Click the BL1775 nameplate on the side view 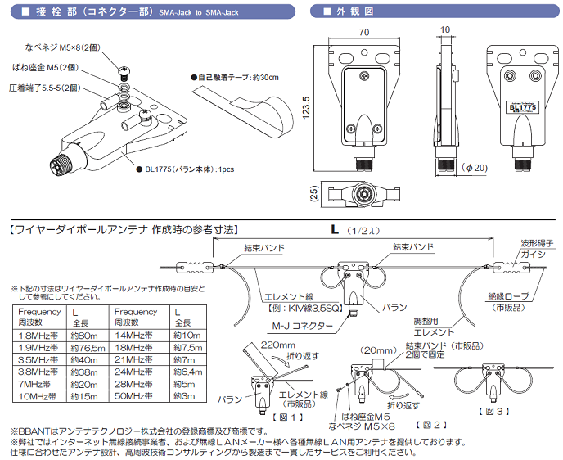tap(522, 106)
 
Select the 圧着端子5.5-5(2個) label tap(47, 86)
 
